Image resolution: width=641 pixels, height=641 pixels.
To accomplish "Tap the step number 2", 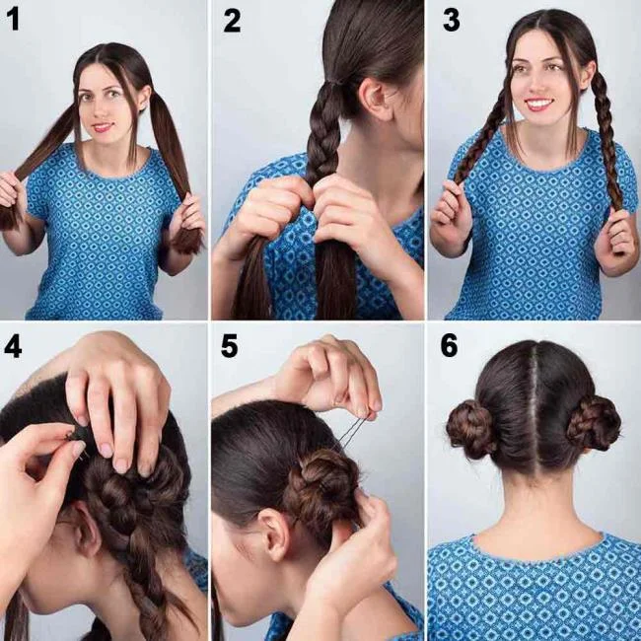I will pyautogui.click(x=232, y=19).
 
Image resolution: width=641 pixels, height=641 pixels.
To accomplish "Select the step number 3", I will pyautogui.click(x=451, y=19).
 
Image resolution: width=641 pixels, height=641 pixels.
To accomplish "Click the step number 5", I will pyautogui.click(x=230, y=346).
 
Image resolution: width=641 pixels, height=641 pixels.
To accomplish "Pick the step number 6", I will pyautogui.click(x=450, y=346).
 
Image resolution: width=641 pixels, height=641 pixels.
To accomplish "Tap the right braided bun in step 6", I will pyautogui.click(x=594, y=423).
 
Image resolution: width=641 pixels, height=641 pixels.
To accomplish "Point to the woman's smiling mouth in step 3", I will pyautogui.click(x=538, y=104).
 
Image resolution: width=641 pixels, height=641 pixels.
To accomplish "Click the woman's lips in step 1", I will pyautogui.click(x=103, y=127).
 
